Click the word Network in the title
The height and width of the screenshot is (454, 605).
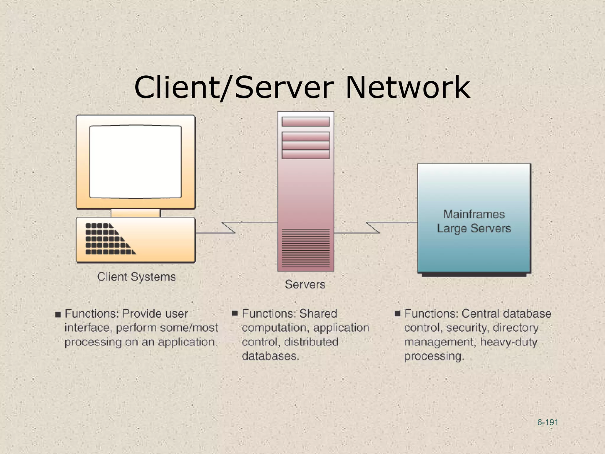[x=408, y=87]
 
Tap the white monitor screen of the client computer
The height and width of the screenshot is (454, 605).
[x=136, y=162]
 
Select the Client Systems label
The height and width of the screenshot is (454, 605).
[x=136, y=277]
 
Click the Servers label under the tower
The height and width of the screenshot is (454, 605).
[x=305, y=284]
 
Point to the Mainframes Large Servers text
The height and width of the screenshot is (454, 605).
[x=474, y=221]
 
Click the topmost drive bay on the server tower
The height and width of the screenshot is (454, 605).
[x=305, y=121]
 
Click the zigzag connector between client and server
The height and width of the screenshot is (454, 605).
[x=228, y=228]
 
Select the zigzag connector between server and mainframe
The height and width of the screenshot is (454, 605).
[x=373, y=228]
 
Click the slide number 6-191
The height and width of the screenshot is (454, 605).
[x=547, y=422]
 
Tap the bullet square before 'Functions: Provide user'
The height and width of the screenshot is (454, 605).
[x=58, y=314]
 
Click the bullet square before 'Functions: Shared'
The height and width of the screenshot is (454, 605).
[x=235, y=313]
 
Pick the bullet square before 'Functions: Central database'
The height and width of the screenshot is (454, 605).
[x=397, y=313]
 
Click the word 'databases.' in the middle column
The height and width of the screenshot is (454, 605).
[x=270, y=356]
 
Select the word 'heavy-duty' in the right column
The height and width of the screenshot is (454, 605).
[x=508, y=342]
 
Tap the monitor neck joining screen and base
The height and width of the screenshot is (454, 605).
[x=136, y=213]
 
